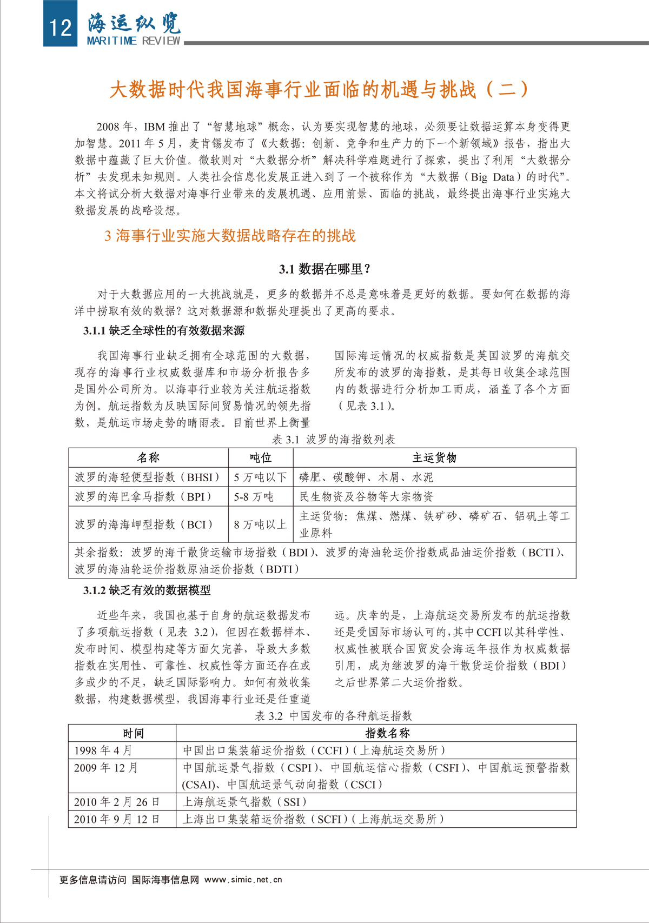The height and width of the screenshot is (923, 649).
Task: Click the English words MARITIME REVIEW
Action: pyautogui.click(x=134, y=41)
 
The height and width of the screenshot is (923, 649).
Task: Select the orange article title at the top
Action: pyautogui.click(x=319, y=90)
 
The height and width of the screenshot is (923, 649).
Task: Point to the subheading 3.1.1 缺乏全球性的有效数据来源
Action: pyautogui.click(x=164, y=330)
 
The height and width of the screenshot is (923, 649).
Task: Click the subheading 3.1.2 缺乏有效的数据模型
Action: pyautogui.click(x=147, y=590)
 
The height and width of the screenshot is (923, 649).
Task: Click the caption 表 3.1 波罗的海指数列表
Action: pyautogui.click(x=334, y=439)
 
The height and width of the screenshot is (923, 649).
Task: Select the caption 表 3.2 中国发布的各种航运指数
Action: pyautogui.click(x=334, y=715)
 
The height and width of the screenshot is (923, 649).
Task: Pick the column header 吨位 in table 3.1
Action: pyautogui.click(x=261, y=457)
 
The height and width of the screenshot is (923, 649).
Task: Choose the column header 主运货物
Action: pyautogui.click(x=434, y=457)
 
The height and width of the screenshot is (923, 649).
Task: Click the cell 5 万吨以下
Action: pyautogui.click(x=260, y=477)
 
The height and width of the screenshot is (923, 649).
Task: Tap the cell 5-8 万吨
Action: pyautogui.click(x=254, y=496)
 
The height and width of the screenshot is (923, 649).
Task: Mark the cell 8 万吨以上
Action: pyautogui.click(x=260, y=524)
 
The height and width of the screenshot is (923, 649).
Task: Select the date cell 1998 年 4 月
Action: pyautogui.click(x=103, y=750)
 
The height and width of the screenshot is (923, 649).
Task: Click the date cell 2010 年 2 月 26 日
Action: pyautogui.click(x=117, y=801)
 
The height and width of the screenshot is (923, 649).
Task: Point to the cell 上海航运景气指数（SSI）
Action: pyautogui.click(x=244, y=801)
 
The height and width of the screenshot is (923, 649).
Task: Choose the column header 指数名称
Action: pyautogui.click(x=387, y=733)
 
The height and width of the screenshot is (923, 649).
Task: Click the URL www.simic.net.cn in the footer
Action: pyautogui.click(x=243, y=880)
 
